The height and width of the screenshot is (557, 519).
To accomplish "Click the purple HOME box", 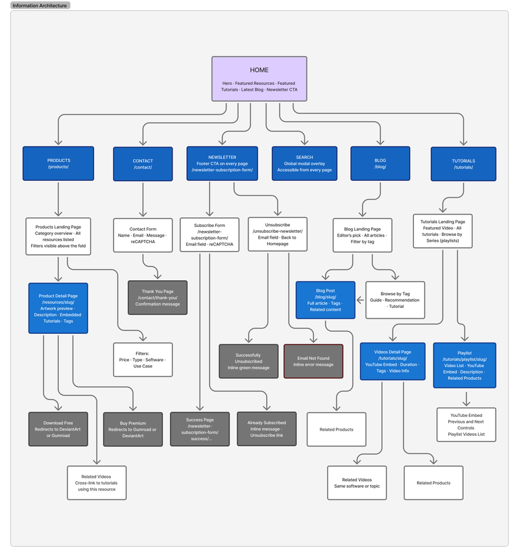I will pos(259,78).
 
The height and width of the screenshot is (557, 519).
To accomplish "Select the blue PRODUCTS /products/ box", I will pos(58,163).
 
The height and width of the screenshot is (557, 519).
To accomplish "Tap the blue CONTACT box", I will pos(143,163).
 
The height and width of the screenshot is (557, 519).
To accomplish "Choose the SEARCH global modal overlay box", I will pos(304,163).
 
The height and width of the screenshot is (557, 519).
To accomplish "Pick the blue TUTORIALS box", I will pos(463,163).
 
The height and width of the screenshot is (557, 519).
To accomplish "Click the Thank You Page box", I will pos(157,298).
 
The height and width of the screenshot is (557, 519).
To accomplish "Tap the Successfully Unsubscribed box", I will pos(248,361).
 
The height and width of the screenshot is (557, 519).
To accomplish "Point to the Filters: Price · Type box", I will pos(143,359).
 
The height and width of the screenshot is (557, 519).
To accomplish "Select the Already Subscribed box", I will pos(266,429).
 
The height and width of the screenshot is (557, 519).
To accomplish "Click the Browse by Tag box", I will pos(395,300).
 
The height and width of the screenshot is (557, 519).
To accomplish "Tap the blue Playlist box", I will pos(465,365).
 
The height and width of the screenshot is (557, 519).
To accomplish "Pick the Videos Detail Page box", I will pos(392,361).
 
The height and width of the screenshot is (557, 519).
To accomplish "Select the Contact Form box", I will pos(143,235).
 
